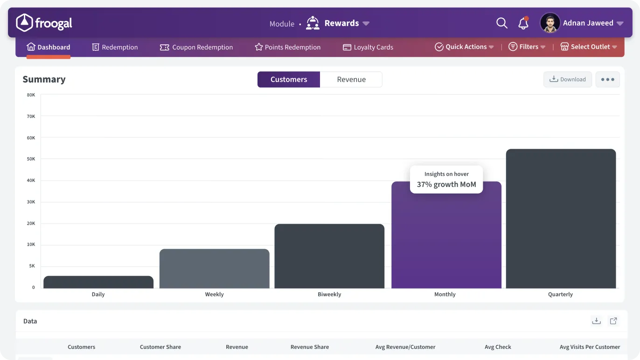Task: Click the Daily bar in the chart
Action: coord(98,282)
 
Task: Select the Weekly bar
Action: coord(215,269)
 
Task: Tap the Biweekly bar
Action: coord(329,256)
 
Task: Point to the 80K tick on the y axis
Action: coord(31,95)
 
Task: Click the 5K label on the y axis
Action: coord(32,266)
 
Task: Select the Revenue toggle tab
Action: coord(351,79)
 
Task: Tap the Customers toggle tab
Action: coord(289,79)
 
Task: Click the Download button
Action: coord(567,79)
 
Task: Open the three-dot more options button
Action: coord(607,79)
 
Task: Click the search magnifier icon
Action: coord(502,23)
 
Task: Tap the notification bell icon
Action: coord(523,23)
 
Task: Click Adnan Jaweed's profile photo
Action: coord(550,23)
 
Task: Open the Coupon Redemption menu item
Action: coord(196,47)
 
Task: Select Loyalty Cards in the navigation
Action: coord(368,47)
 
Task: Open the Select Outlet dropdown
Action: coord(589,47)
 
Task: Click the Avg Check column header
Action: coord(498,347)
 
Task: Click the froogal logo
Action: coord(44,23)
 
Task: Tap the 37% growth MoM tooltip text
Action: coord(446,184)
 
